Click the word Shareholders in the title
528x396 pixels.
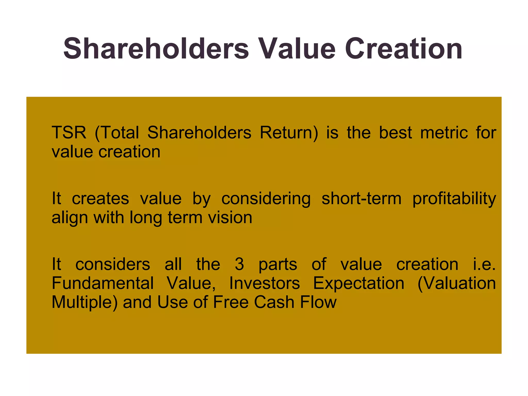(156, 49)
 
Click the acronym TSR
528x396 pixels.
(69, 133)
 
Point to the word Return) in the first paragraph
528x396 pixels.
(289, 133)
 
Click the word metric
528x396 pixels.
(444, 133)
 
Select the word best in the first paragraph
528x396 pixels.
(395, 133)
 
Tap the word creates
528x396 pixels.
(100, 199)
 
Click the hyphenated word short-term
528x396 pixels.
(361, 199)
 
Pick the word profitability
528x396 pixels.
(454, 199)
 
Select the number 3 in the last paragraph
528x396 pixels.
(239, 265)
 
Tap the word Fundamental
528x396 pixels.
(103, 283)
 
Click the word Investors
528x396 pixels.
(265, 283)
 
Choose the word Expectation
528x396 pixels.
(359, 283)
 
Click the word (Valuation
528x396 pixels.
(456, 283)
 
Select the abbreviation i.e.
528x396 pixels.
(484, 265)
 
